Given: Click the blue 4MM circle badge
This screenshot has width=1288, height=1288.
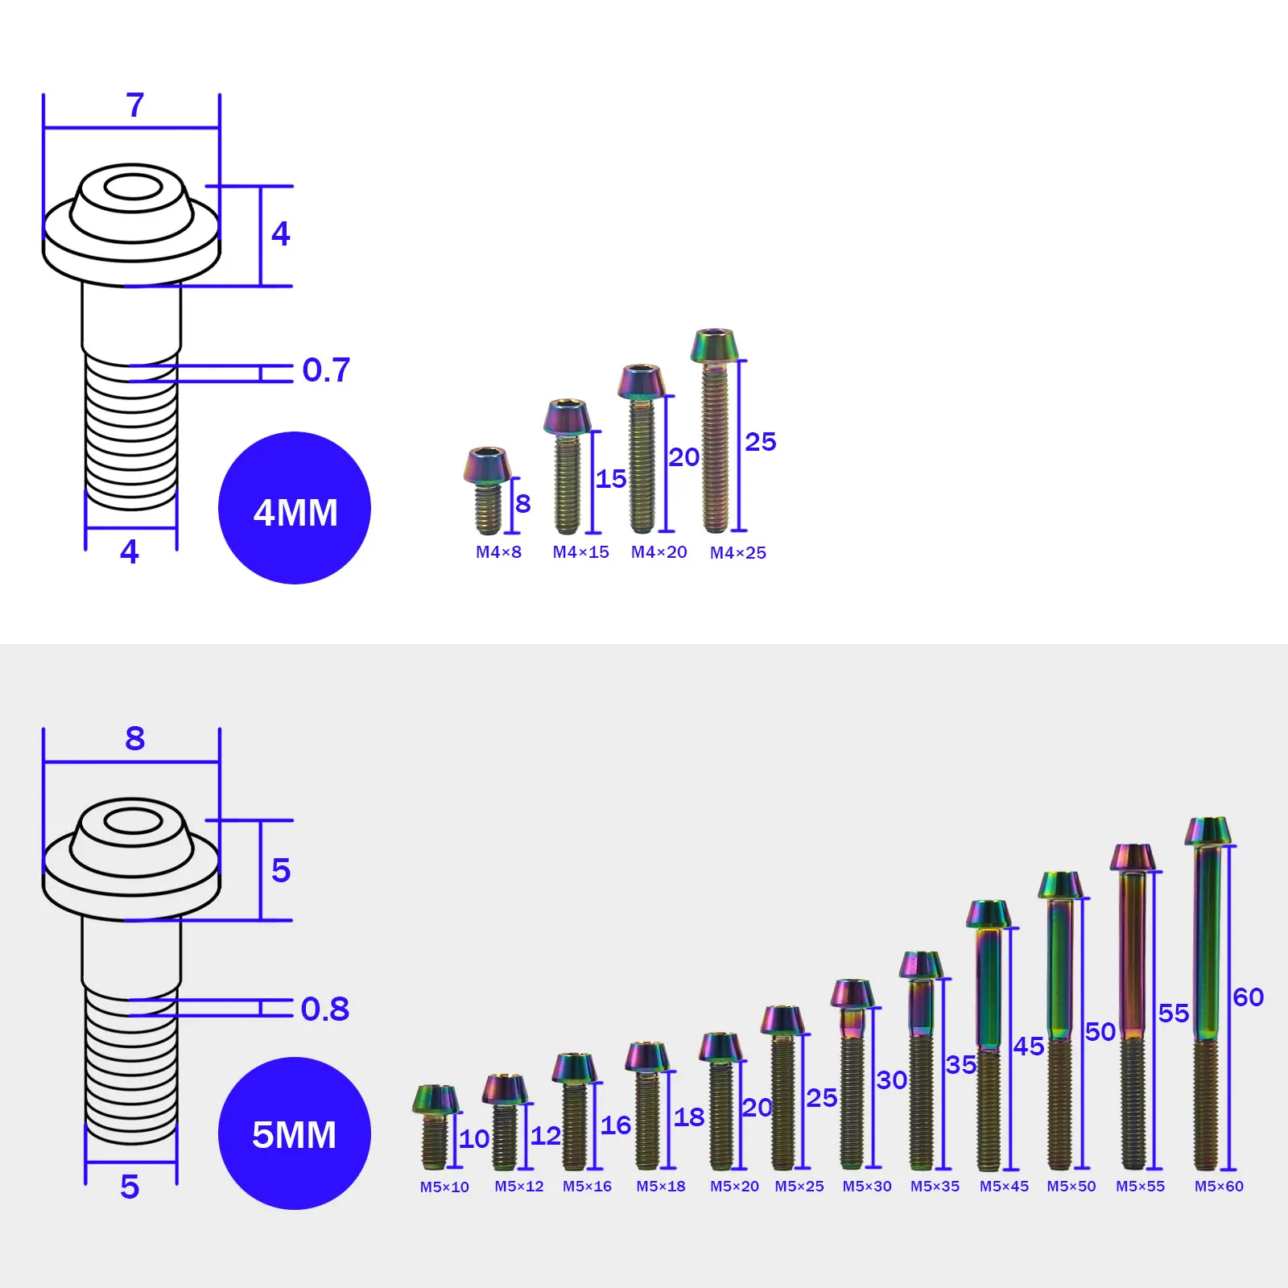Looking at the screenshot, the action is pyautogui.click(x=295, y=508).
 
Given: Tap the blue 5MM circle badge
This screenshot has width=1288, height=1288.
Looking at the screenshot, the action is pyautogui.click(x=295, y=1133).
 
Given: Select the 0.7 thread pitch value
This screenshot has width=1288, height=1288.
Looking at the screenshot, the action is pyautogui.click(x=326, y=370).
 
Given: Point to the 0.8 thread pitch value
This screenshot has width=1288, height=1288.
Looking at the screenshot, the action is pyautogui.click(x=325, y=1009).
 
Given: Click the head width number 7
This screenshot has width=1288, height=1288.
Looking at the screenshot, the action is pyautogui.click(x=135, y=105).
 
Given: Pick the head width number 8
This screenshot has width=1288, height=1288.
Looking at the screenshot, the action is pyautogui.click(x=135, y=738).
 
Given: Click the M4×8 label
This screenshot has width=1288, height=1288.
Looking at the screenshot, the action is pyautogui.click(x=498, y=552).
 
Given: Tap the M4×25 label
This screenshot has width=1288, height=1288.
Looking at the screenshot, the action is pyautogui.click(x=738, y=553).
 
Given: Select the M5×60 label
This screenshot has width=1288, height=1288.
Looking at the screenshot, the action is pyautogui.click(x=1219, y=1187).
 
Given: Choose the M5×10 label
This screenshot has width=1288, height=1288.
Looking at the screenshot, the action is pyautogui.click(x=444, y=1187).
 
